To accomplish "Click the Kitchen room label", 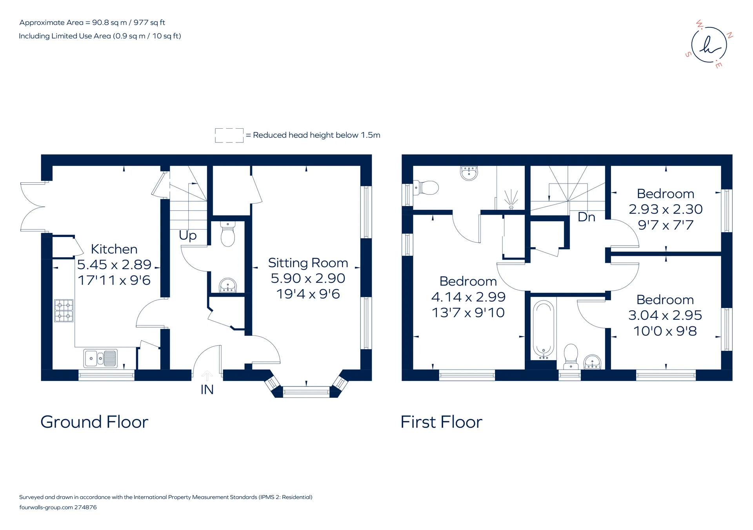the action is click(114, 249).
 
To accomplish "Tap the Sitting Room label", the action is click(308, 263).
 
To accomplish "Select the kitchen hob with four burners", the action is click(64, 311).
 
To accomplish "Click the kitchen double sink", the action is click(100, 358).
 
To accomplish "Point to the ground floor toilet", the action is click(227, 234).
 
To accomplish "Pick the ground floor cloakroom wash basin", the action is click(227, 285).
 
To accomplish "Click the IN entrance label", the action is click(207, 390).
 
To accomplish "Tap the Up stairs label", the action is click(187, 235).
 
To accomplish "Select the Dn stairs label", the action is click(586, 217).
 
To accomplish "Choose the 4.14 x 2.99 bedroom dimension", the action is click(468, 297).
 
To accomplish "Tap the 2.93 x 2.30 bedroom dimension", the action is click(666, 209).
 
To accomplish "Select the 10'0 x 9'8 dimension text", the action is click(665, 331).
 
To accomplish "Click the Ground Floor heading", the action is click(95, 422).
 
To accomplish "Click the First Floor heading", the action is click(441, 422).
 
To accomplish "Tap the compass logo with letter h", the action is click(709, 45).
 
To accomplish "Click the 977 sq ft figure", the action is click(149, 23).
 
